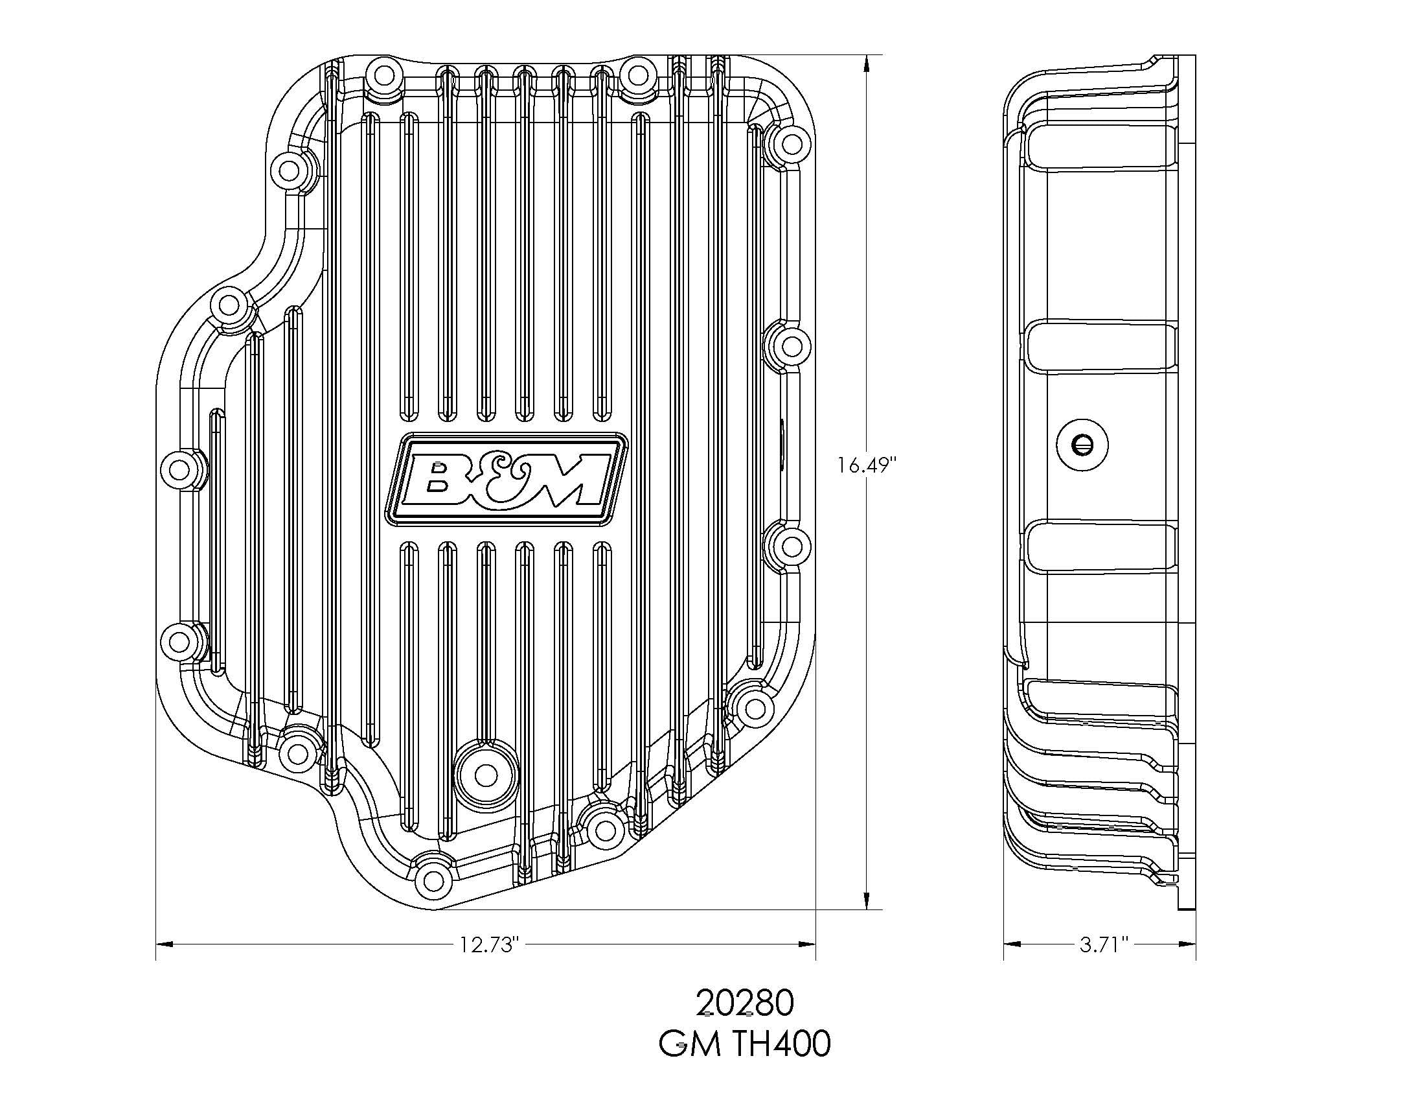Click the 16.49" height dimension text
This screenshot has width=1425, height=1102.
coord(867,465)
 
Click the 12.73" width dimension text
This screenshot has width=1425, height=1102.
coord(488,944)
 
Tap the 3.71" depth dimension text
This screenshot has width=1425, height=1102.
coord(1104,944)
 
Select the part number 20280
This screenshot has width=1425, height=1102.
coord(744,1003)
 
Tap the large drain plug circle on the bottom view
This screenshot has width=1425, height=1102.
coord(484,775)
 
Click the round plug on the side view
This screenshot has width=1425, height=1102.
coord(1082,445)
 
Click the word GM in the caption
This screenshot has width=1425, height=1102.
coord(690,1044)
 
